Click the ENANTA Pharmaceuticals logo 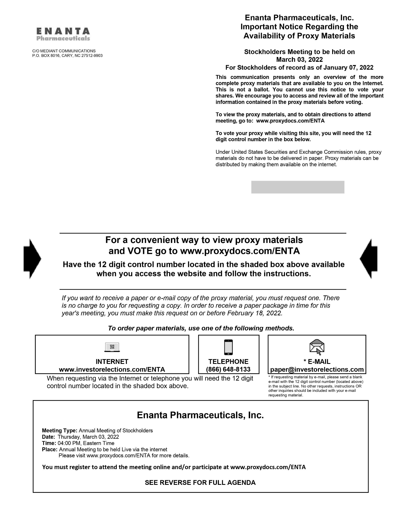click(63, 34)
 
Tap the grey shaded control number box click(298, 187)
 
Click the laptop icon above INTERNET click(112, 347)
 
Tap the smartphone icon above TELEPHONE click(228, 347)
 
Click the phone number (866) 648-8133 click(228, 369)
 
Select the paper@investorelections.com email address click(317, 369)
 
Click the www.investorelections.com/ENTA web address click(112, 369)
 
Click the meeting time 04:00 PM click(69, 443)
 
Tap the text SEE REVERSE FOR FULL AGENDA click(200, 482)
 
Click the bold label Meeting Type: click(60, 430)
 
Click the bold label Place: click(50, 449)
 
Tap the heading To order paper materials click(201, 328)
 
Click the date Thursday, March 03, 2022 click(88, 437)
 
